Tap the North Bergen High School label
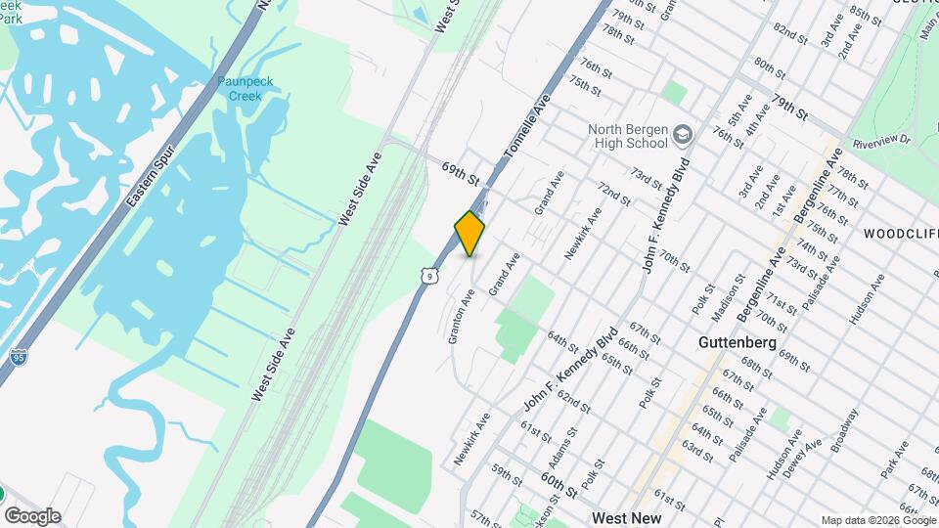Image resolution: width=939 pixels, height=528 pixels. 628,137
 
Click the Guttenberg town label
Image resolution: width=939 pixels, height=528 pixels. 738,343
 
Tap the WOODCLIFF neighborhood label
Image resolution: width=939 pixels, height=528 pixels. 900,234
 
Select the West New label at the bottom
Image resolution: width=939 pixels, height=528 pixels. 626,518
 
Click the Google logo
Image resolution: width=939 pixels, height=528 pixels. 31,516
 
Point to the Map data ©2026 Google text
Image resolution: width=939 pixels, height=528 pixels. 878,520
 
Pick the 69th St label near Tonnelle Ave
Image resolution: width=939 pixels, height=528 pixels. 461,174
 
